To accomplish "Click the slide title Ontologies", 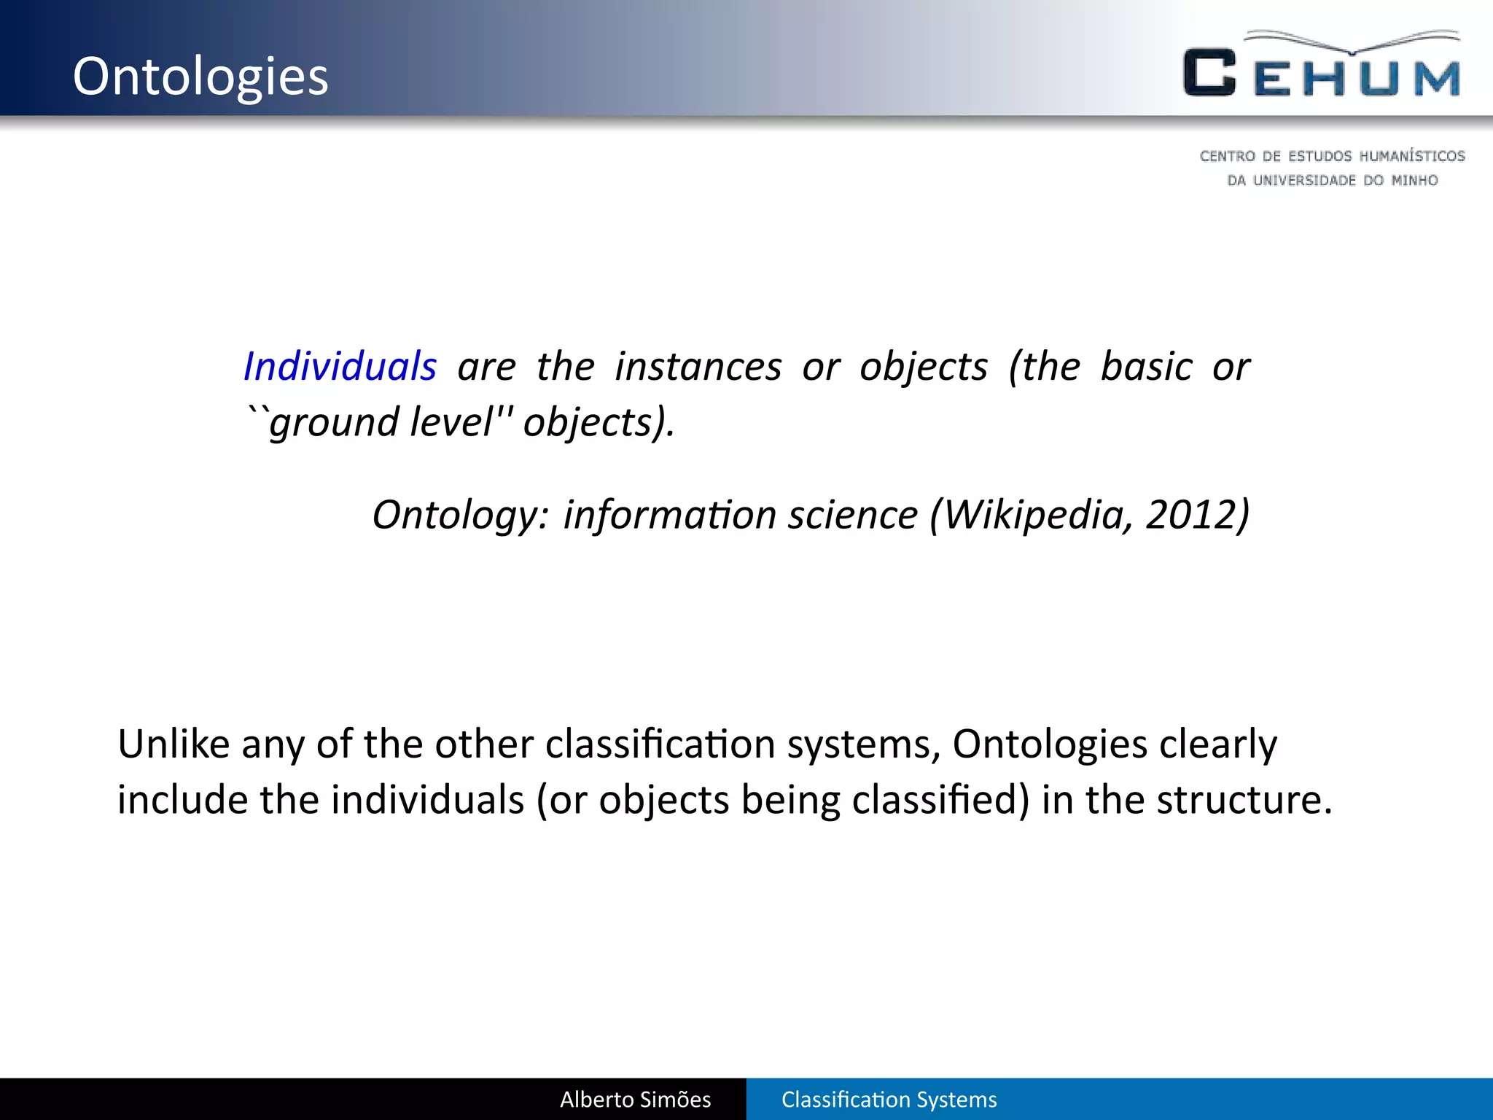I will click(200, 77).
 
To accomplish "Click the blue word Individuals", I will click(340, 366).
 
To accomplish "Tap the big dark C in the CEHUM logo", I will click(1209, 73).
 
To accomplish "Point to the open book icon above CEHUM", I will click(1352, 42).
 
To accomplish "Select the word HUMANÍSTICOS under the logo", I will click(1412, 156).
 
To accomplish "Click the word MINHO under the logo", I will click(1414, 180).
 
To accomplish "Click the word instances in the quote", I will click(698, 366).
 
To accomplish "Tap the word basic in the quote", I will click(1146, 366).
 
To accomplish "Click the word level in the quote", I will click(451, 421).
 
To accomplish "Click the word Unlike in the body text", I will click(174, 744).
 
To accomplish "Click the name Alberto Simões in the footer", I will click(635, 1100).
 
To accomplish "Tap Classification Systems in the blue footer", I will click(889, 1100).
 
